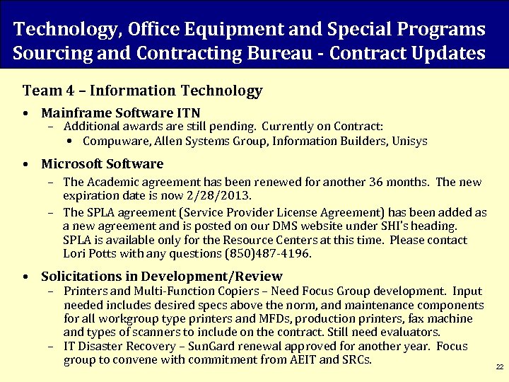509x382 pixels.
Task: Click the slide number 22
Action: point(499,367)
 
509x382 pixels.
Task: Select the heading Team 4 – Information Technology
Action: point(143,91)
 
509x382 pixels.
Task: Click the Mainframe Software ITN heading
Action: point(121,112)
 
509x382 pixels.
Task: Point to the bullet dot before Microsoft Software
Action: point(25,164)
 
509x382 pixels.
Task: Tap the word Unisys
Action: point(408,141)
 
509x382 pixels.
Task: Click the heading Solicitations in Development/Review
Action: point(162,277)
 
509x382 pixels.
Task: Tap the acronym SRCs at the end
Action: point(356,359)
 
